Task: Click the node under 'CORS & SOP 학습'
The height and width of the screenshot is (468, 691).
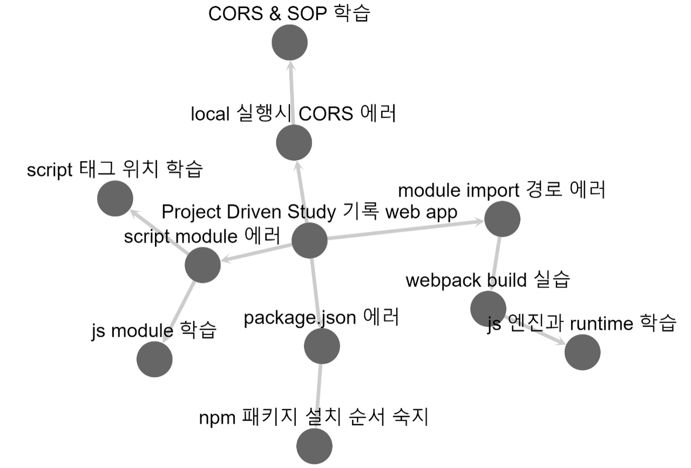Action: click(x=289, y=43)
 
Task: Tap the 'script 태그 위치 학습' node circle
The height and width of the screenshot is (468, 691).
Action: click(x=116, y=198)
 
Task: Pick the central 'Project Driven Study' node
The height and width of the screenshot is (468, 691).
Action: click(x=309, y=240)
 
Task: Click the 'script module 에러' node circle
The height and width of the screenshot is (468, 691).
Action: click(x=202, y=265)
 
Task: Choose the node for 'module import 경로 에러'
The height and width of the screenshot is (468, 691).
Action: click(x=502, y=219)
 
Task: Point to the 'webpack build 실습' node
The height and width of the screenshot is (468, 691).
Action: click(x=488, y=308)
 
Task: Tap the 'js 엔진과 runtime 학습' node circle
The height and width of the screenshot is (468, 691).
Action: click(x=582, y=352)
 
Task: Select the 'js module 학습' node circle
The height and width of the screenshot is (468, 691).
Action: click(x=154, y=359)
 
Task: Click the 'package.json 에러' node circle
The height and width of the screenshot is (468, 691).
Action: click(x=322, y=346)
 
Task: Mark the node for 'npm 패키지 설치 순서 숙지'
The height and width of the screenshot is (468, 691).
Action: click(x=315, y=446)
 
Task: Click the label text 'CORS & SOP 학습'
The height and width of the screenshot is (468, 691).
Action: click(x=289, y=14)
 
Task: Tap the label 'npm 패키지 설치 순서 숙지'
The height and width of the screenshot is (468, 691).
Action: click(x=314, y=418)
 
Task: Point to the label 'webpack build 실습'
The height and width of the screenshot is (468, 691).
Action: click(x=487, y=280)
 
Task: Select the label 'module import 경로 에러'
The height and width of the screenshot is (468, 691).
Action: click(x=502, y=191)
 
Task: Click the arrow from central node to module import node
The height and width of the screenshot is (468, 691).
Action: click(x=405, y=230)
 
